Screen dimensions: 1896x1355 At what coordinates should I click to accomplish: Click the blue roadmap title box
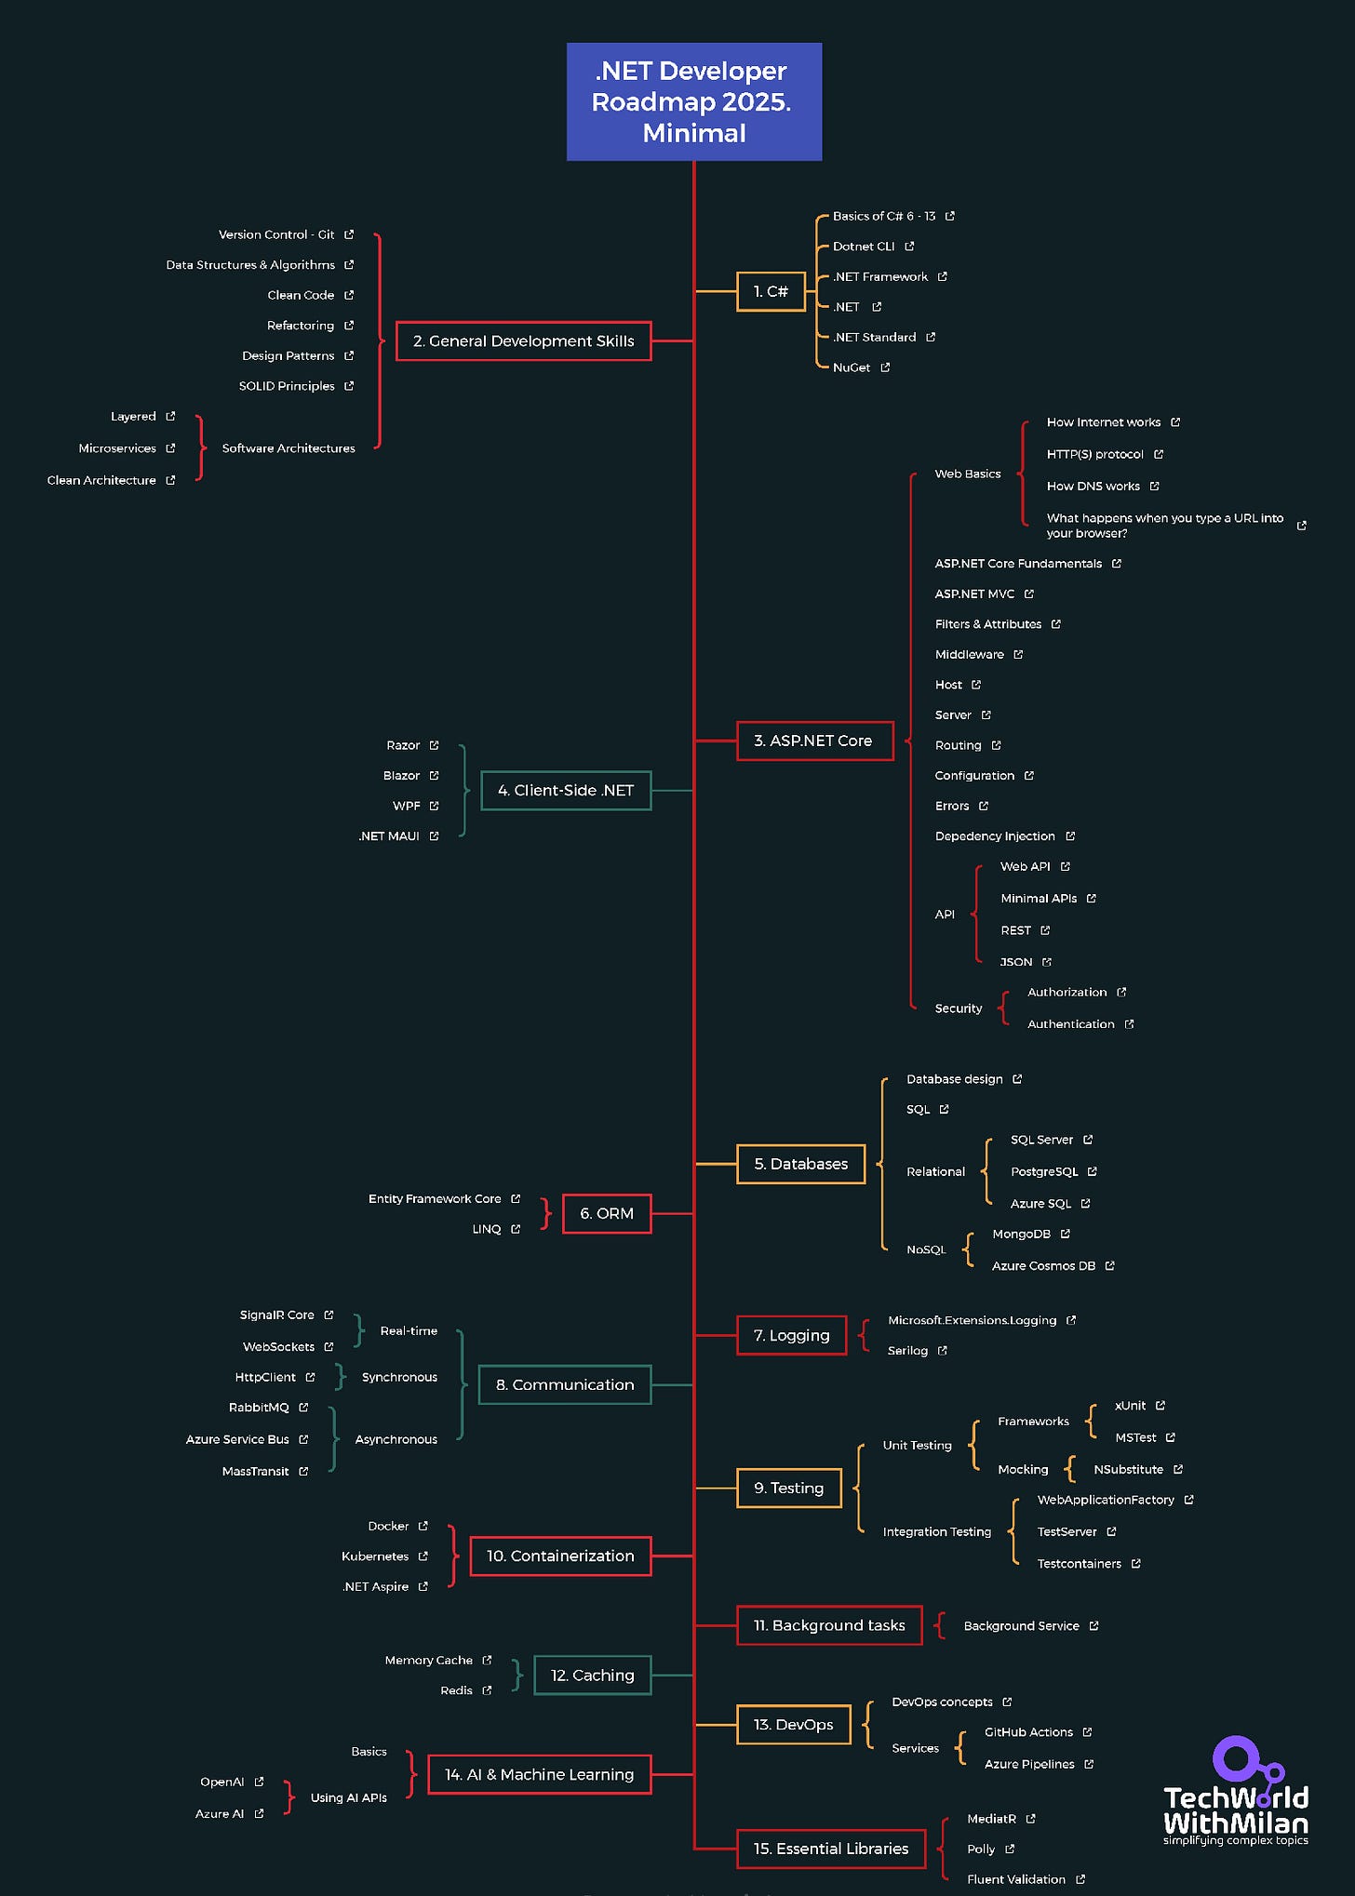coord(693,101)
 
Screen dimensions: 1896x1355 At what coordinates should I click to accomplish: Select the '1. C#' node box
coord(770,291)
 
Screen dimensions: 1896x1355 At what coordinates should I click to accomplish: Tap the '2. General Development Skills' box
coord(523,341)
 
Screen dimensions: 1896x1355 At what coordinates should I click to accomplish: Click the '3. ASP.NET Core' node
coord(813,741)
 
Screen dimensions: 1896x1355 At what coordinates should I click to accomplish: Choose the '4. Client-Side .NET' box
coord(565,790)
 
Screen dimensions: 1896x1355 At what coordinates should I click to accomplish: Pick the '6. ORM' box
coord(607,1213)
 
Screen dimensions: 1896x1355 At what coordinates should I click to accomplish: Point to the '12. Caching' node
coord(592,1675)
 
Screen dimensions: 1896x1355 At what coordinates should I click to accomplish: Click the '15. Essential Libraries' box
coord(830,1849)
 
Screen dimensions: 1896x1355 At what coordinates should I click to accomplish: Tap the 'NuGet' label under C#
coord(852,367)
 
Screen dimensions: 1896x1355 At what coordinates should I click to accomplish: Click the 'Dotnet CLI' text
coord(864,247)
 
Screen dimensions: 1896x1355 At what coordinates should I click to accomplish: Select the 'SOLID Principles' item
coord(287,386)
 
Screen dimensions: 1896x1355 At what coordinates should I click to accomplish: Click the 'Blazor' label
coord(401,776)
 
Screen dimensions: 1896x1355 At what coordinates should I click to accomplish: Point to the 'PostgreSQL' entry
coord(1044,1171)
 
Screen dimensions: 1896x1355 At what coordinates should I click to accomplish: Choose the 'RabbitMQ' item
coord(259,1408)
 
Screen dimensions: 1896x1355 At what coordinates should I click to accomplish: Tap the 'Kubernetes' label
coord(375,1556)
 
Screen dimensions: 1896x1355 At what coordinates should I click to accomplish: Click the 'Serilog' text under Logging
coord(907,1351)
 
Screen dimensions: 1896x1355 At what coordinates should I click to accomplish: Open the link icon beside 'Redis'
coord(487,1690)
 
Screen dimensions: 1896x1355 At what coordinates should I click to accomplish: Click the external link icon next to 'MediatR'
coord(1030,1819)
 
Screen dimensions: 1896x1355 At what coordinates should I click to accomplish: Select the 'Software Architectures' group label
coord(288,448)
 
